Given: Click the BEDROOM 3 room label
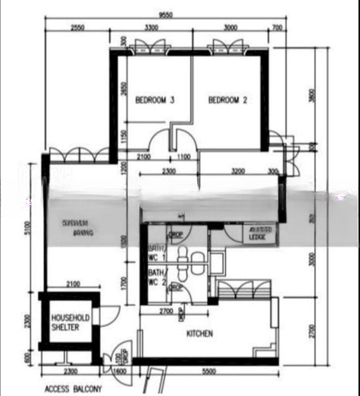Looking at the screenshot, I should pos(155,100).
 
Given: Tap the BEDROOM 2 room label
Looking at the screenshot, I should pos(227,100).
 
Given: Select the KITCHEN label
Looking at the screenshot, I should pos(199,334).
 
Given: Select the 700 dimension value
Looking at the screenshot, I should pos(276,28).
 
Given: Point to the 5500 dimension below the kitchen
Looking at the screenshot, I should pos(208,372).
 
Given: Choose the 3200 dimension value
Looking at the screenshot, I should pos(238,172).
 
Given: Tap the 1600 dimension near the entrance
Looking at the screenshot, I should pos(119,372).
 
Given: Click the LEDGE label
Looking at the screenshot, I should pos(256,236).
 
